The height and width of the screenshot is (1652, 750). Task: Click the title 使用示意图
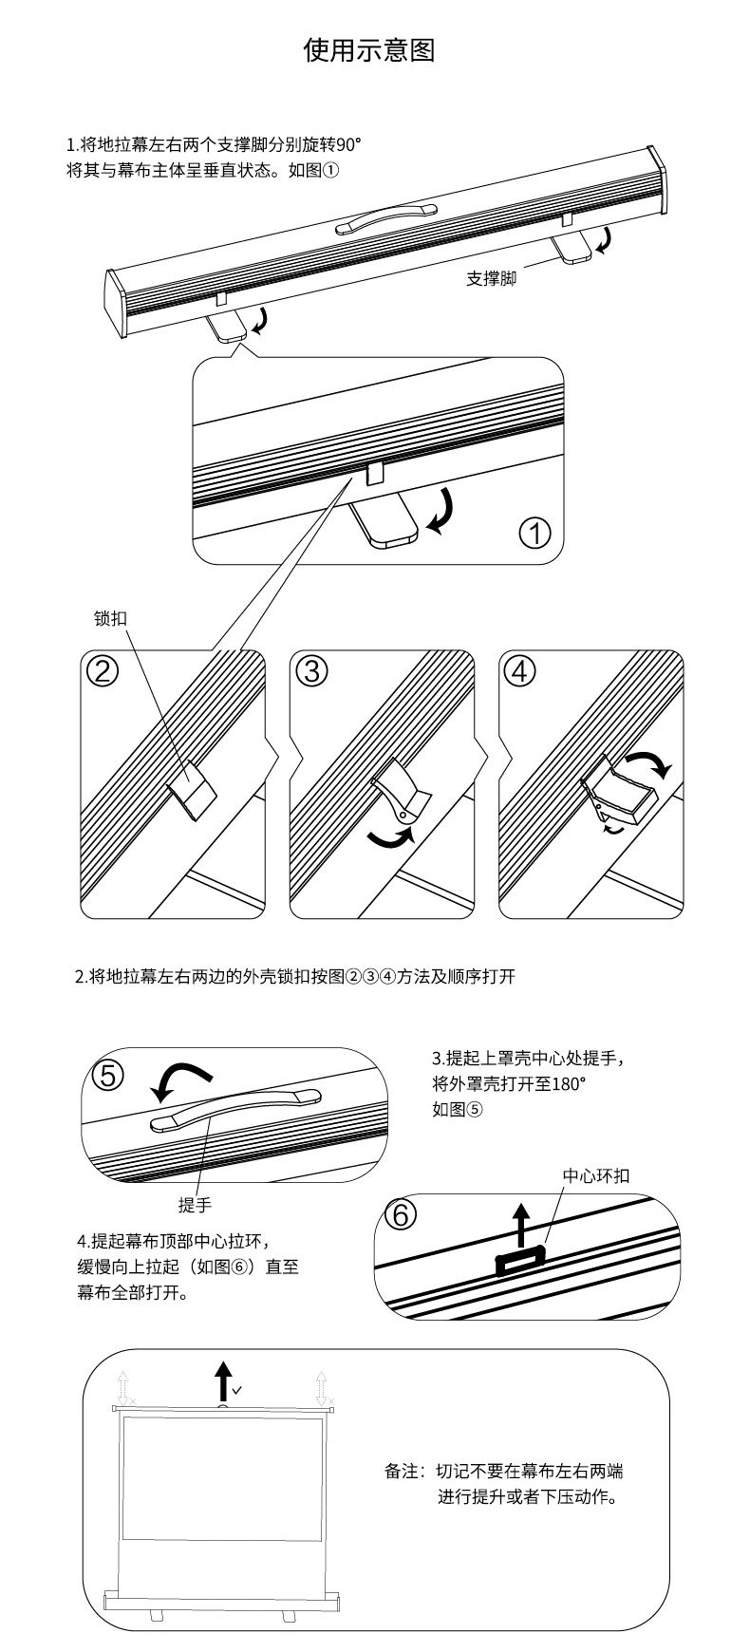pos(369,50)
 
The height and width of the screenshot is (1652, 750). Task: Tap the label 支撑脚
pos(491,279)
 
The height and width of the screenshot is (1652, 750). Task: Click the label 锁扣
pos(110,617)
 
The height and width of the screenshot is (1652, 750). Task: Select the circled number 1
pos(535,533)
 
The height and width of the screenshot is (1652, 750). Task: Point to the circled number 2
pos(103,670)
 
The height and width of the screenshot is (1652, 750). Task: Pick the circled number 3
pos(310,670)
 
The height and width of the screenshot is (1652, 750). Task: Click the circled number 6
pos(400,1214)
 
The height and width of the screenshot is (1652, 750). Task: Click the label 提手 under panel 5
pos(195,1205)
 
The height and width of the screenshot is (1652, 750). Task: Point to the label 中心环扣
pos(595,1175)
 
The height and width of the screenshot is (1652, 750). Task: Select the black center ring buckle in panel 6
pos(520,1260)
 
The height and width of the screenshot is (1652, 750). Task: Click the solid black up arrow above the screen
pos(222,1381)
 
